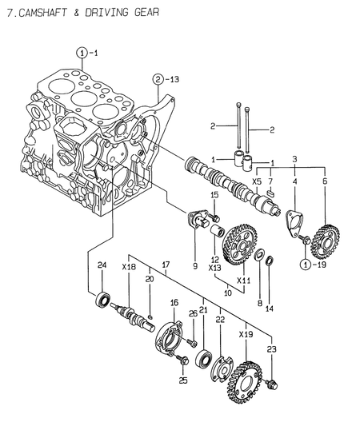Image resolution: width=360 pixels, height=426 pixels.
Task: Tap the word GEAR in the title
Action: tap(143, 13)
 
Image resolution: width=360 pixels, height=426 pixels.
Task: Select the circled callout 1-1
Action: tap(86, 53)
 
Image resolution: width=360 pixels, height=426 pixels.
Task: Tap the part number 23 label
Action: tap(272, 349)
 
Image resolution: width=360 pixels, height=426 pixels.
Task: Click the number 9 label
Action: tap(194, 265)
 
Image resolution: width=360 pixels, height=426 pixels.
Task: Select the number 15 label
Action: tap(215, 195)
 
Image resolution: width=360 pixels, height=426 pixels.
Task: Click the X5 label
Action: tap(257, 181)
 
